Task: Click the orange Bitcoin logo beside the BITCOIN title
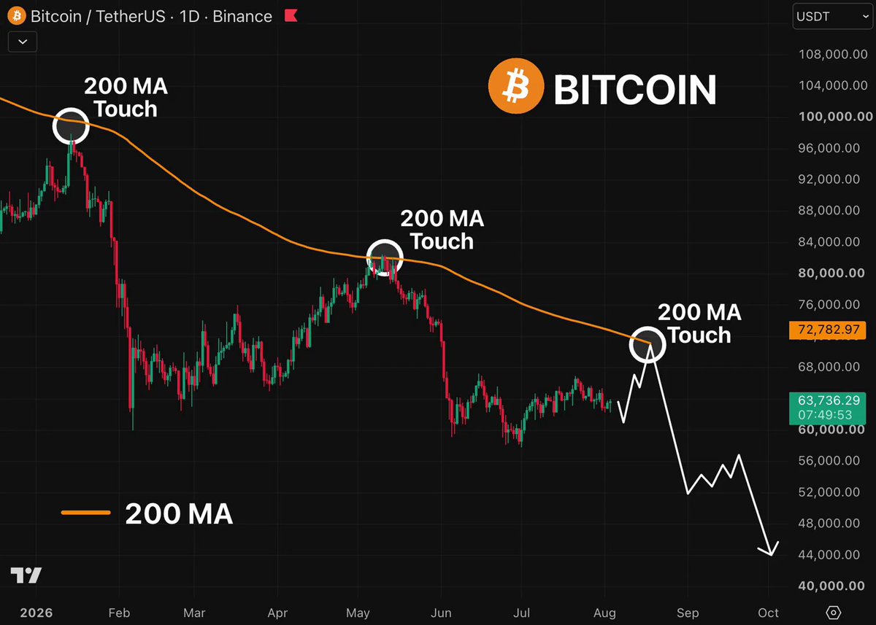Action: point(516,86)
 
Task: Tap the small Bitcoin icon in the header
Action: point(16,16)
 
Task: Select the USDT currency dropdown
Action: point(833,16)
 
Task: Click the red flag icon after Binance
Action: point(291,15)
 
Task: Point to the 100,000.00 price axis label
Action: point(835,117)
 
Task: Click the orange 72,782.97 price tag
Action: point(828,330)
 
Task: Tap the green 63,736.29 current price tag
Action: point(828,408)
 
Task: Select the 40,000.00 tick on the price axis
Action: point(831,586)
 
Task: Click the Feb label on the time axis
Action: point(119,613)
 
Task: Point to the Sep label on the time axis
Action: point(688,613)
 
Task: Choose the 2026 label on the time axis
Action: point(36,613)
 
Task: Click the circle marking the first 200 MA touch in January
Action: point(72,108)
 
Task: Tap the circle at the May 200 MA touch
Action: point(385,239)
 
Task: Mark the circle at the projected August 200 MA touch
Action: point(648,327)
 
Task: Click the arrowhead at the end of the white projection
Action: point(770,551)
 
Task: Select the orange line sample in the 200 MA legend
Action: point(86,513)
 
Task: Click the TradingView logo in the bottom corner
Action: point(26,575)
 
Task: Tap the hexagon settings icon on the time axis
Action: point(833,613)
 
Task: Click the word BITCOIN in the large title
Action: point(634,90)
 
